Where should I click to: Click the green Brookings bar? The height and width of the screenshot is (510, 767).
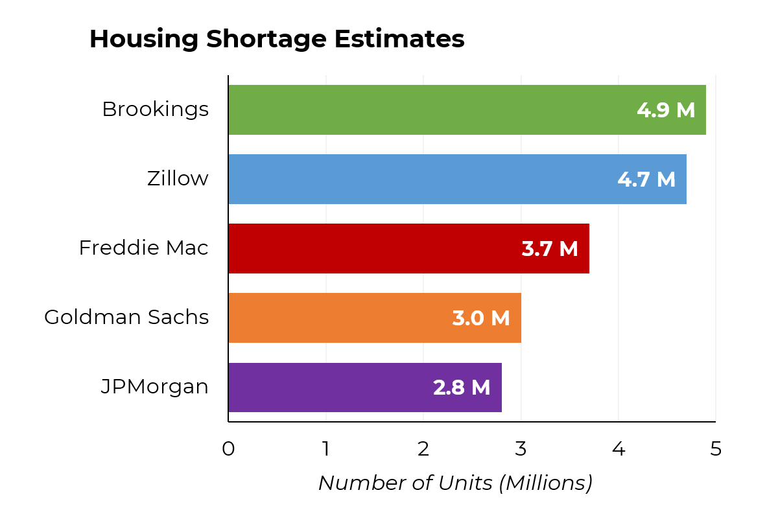pos(428,110)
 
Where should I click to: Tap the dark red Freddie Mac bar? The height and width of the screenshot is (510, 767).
pos(370,248)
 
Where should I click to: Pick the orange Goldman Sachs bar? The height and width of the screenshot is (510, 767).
pos(337,318)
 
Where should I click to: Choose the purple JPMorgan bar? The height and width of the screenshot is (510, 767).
pos(324,387)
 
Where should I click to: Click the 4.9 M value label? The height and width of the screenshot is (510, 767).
pos(666,110)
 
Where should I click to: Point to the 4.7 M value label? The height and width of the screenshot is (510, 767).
pos(646,180)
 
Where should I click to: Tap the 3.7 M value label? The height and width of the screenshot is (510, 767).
pos(550,249)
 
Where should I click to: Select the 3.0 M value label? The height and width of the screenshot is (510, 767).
pos(481,318)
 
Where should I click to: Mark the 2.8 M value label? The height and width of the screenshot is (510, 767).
pos(462,388)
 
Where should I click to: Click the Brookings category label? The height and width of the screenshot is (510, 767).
pos(156,110)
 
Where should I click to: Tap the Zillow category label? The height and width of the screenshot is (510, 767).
pos(178,179)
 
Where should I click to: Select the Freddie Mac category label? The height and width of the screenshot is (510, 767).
pos(144,248)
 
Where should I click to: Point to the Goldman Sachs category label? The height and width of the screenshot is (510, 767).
pos(126,318)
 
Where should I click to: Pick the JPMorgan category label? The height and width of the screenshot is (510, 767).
pos(155,387)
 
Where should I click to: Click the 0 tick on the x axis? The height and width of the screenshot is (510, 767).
pos(228,449)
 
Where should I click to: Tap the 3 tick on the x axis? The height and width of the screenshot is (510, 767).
pos(521,449)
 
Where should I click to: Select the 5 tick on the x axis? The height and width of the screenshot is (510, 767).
pos(716,449)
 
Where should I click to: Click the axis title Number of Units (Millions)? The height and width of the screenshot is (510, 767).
pos(455,483)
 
